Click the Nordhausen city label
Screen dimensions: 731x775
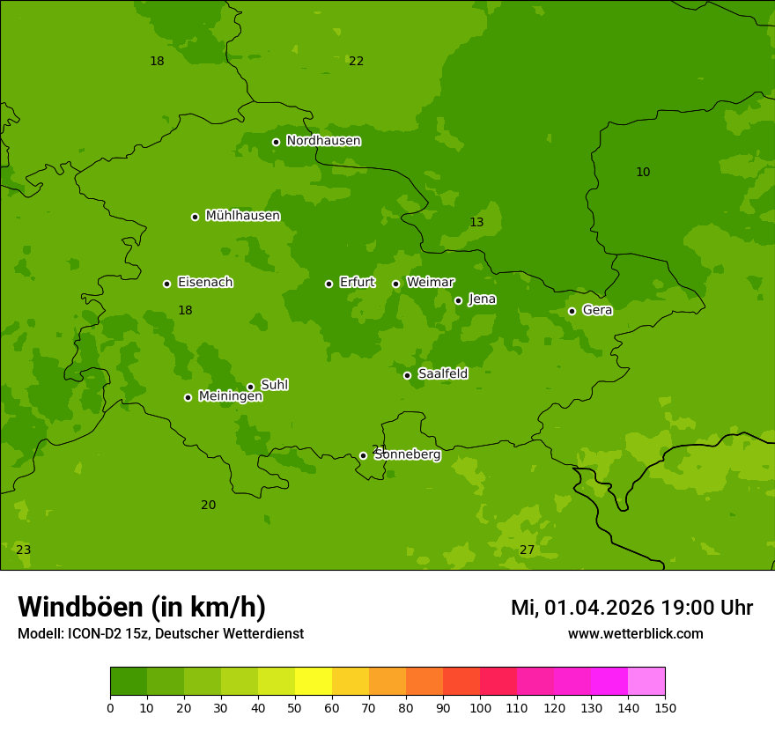[323, 141]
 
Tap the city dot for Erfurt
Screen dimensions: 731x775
[328, 284]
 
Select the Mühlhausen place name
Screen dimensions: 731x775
[242, 216]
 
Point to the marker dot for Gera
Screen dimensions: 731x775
[572, 311]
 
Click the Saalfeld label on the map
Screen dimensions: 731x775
[442, 374]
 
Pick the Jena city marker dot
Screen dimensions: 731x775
[458, 300]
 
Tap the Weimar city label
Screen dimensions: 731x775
[430, 283]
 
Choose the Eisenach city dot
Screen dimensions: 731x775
[166, 284]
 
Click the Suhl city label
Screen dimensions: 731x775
[274, 385]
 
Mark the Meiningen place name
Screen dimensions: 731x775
[230, 396]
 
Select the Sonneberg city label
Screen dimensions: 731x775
[407, 454]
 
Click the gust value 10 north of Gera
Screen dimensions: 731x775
[643, 172]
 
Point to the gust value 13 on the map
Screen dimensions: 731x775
[476, 222]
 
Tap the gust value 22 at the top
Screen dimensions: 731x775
[356, 61]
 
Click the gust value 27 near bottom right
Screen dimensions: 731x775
[527, 550]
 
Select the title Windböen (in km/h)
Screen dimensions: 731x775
[142, 607]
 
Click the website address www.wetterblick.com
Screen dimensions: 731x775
[635, 633]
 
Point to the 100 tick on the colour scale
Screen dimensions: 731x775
[480, 707]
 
